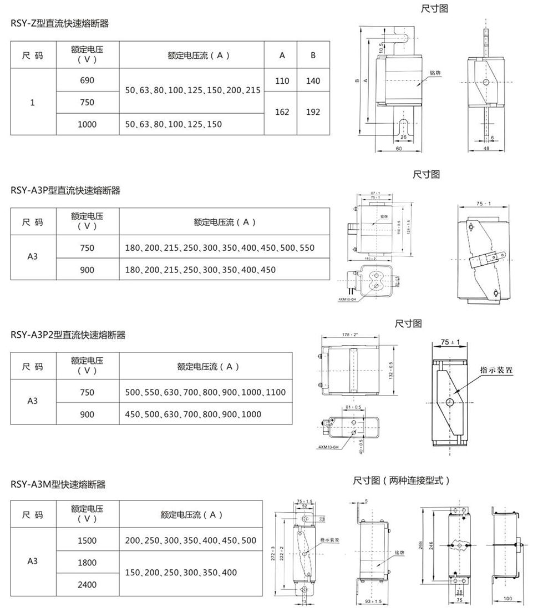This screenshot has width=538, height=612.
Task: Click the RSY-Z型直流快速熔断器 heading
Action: tap(60, 23)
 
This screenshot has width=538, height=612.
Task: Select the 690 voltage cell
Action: tap(87, 80)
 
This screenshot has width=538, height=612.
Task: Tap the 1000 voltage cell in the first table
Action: tap(87, 124)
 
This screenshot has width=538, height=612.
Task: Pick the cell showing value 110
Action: tap(282, 80)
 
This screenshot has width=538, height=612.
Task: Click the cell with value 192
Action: tap(313, 112)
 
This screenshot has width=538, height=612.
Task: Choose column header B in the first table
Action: tap(313, 55)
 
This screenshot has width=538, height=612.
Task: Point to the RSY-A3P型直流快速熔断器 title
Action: tap(65, 190)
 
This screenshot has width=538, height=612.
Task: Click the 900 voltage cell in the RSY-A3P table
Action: tap(87, 270)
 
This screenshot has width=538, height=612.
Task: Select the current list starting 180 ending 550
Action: tap(220, 247)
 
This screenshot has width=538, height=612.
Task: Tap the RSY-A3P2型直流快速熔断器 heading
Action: tap(68, 335)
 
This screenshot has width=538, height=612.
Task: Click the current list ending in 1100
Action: tap(205, 392)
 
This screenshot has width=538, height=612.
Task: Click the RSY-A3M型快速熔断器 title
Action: tap(58, 484)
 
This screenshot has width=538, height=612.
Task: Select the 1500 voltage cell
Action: tap(87, 540)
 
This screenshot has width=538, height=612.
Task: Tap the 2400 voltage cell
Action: tap(87, 585)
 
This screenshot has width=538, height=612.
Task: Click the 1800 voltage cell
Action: tap(87, 563)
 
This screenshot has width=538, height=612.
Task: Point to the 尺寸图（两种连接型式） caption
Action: tap(402, 480)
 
